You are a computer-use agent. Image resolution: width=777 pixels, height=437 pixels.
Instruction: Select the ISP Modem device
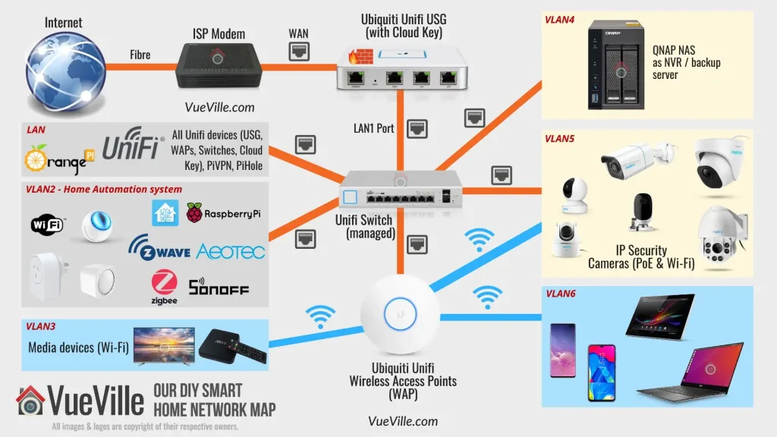pos(220,67)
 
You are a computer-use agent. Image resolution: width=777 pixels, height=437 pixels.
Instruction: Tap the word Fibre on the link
pos(140,55)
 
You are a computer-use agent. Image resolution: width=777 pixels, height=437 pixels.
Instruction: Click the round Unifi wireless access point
pos(399,313)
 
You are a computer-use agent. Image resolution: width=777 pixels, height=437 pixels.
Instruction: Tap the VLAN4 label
pos(559,20)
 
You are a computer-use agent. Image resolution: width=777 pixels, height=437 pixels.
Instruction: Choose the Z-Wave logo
pos(159,249)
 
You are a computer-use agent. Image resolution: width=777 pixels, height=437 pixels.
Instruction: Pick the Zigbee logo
pos(165,288)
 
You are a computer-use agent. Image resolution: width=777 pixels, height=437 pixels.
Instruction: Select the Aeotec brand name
pos(231,251)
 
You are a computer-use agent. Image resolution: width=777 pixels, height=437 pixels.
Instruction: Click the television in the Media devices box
pos(163,346)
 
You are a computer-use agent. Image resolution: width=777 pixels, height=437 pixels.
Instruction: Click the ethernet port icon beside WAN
pos(298,52)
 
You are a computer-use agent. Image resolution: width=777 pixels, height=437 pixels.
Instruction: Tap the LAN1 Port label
pos(374,128)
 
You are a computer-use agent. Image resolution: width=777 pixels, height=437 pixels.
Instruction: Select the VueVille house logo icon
pos(31,401)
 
